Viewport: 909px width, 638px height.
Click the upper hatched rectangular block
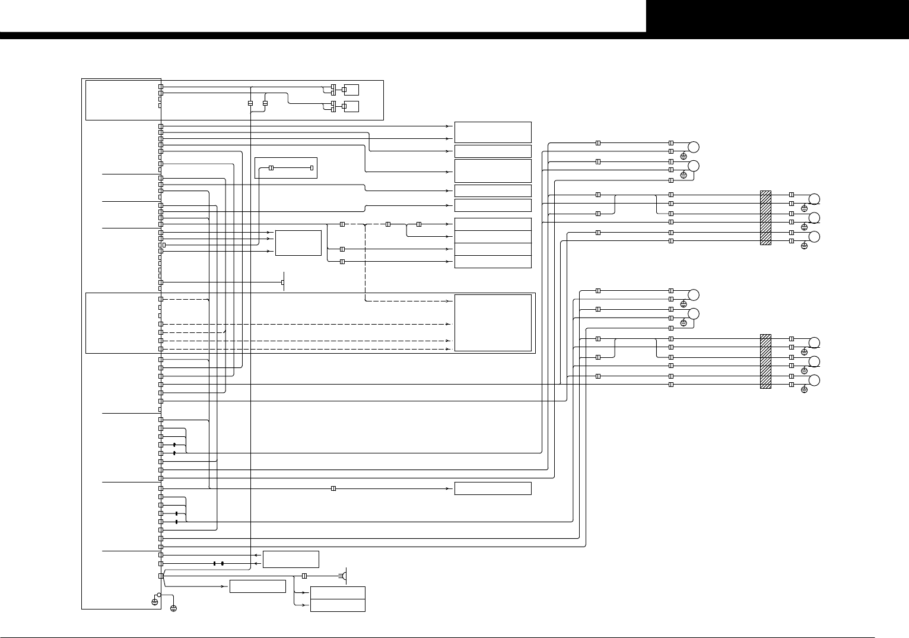click(x=765, y=217)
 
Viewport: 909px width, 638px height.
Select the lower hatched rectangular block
click(x=765, y=361)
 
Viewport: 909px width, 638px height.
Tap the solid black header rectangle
click(x=777, y=16)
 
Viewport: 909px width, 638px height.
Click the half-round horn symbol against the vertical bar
click(x=345, y=576)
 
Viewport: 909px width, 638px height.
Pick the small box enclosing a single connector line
click(x=285, y=168)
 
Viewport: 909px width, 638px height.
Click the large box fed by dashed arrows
click(x=492, y=323)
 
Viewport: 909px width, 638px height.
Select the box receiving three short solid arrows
click(x=298, y=243)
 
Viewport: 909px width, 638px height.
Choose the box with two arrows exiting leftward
click(x=290, y=559)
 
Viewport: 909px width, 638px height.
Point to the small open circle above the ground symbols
click(x=159, y=594)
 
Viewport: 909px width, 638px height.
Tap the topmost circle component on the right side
click(x=693, y=147)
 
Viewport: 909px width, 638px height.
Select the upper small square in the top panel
click(x=351, y=90)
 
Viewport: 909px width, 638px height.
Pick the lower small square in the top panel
click(x=351, y=107)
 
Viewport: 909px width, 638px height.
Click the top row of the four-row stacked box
click(x=492, y=224)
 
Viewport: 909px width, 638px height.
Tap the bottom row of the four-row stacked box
click(x=492, y=262)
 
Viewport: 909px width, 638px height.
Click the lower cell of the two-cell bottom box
click(x=337, y=605)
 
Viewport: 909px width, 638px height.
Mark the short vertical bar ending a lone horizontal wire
click(x=284, y=282)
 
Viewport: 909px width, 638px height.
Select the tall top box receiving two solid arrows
click(x=492, y=132)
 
